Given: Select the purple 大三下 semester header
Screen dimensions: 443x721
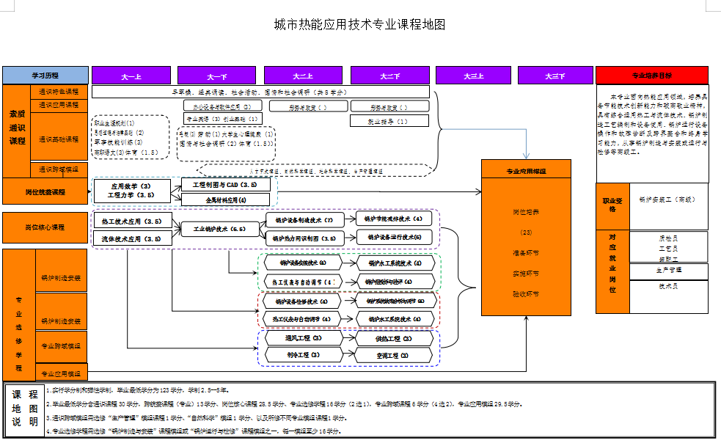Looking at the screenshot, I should coord(555,76).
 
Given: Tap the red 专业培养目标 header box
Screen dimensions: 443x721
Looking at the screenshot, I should coord(652,76).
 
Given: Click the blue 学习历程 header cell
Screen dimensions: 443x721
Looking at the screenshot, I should coord(45,76).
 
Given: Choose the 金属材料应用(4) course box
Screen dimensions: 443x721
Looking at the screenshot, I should coord(225,199).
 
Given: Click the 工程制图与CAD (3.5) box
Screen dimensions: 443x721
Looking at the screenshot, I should coord(225,185).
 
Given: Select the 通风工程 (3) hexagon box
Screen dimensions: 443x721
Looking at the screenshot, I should coord(303,339).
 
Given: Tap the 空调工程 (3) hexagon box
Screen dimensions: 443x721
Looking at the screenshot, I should coord(392,355).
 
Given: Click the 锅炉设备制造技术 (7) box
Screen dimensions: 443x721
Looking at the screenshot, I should coord(304,219).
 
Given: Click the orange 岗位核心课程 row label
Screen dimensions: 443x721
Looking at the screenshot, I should coord(45,227).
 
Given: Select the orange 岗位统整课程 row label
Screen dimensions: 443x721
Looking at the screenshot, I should coord(45,192).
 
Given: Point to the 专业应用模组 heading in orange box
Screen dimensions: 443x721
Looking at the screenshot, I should coord(526,172).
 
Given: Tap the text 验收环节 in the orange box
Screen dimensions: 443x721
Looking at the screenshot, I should coord(526,293).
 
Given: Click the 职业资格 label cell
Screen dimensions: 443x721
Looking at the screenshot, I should coord(612,204).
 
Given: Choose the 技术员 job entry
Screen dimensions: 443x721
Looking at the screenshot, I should coord(667,287).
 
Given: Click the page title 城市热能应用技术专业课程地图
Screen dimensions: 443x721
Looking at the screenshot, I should coord(359,24).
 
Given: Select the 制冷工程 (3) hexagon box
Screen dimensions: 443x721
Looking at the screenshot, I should coord(303,355).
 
